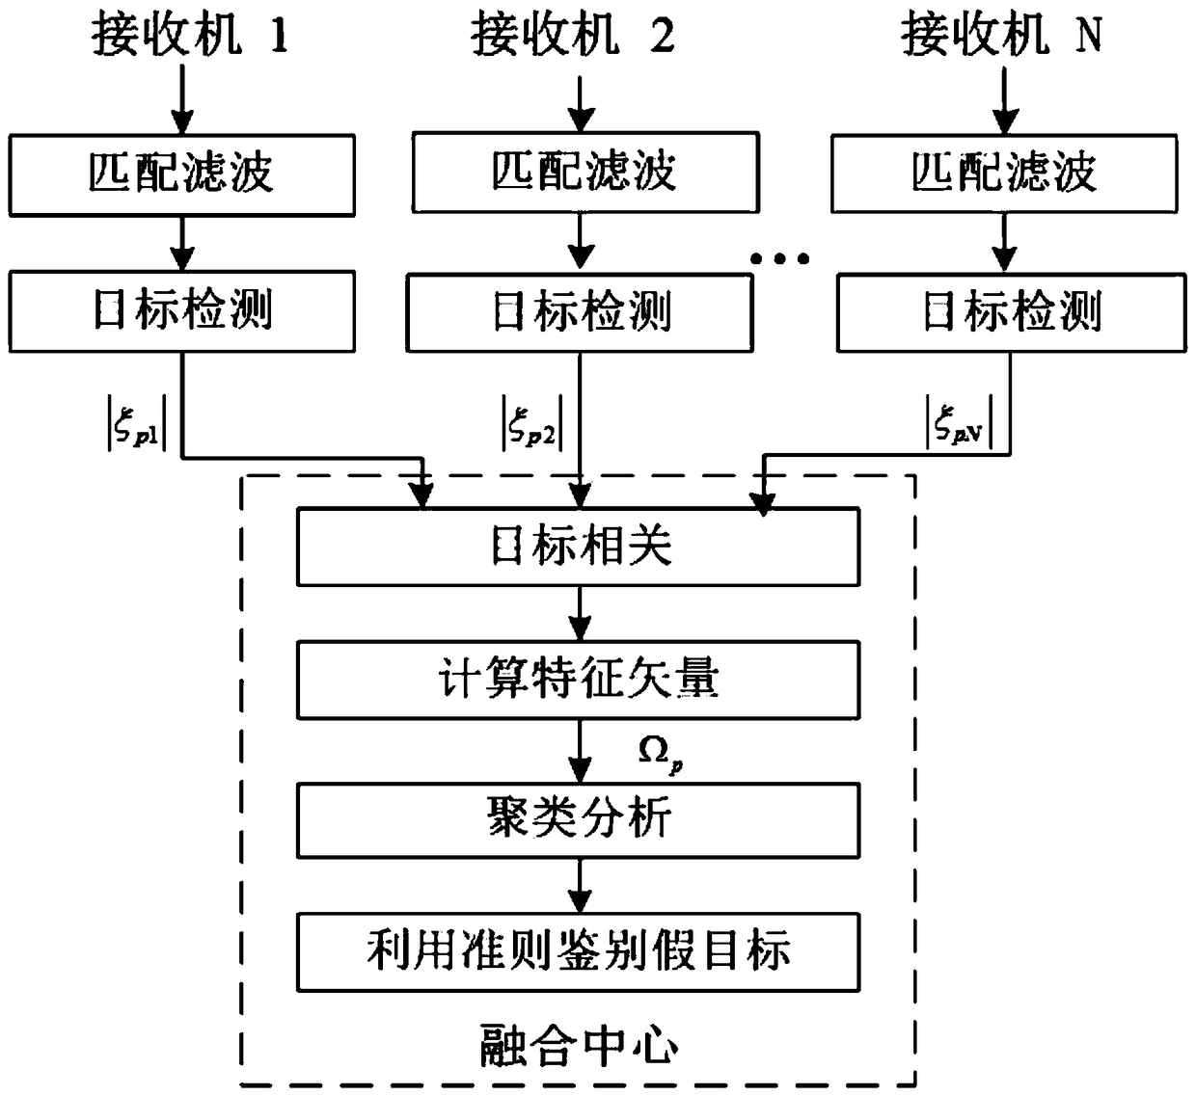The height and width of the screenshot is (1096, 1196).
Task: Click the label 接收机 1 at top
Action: pos(190,36)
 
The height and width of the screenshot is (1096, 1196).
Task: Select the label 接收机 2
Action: pos(572,36)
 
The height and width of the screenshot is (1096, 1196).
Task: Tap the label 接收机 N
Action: pos(1001,36)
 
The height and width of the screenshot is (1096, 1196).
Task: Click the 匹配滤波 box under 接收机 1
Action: pos(182,174)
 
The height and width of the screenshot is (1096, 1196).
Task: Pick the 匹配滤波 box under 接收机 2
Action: pos(584,173)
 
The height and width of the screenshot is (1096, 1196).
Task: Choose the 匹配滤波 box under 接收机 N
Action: pos(1004,173)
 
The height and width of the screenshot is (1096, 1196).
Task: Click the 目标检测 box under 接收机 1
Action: pos(182,311)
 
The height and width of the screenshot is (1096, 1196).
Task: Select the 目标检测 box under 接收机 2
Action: pos(580,313)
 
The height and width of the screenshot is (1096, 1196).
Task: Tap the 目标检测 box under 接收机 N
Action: pos(1012,313)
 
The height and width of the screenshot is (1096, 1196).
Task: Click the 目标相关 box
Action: pos(578,547)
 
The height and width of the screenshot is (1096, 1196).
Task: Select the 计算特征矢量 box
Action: pos(578,681)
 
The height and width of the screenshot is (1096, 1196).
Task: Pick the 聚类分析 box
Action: pos(578,820)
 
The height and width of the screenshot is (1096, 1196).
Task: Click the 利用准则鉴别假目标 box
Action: pos(578,952)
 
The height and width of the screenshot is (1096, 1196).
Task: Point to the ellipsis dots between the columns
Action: pos(780,258)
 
